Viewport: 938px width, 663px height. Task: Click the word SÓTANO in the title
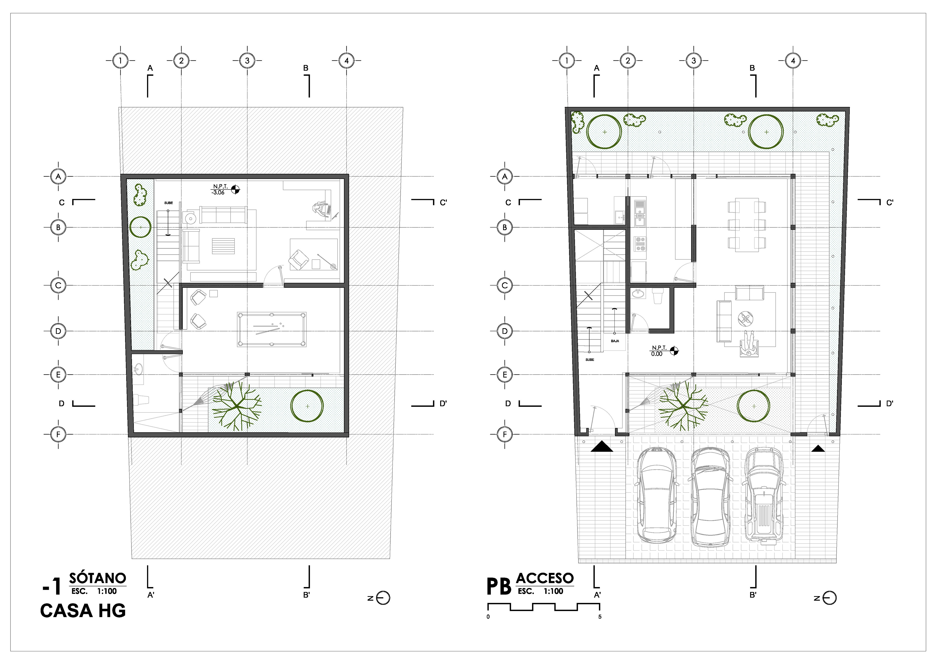click(x=98, y=578)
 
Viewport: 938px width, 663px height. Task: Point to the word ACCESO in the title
click(x=545, y=578)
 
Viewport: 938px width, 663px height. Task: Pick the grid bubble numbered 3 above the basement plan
click(x=247, y=61)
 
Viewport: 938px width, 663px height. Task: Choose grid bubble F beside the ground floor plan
click(x=505, y=434)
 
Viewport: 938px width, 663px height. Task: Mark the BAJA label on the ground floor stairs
click(x=615, y=341)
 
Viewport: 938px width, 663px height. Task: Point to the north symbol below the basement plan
click(x=380, y=598)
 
